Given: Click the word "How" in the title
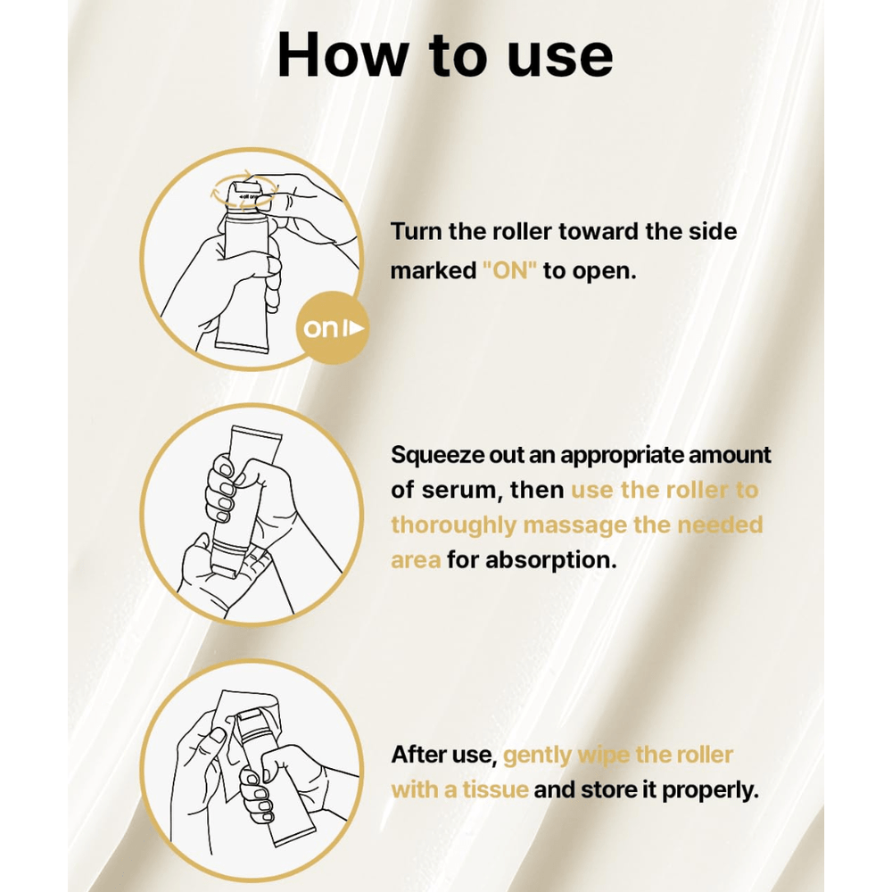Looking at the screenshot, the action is point(343,54).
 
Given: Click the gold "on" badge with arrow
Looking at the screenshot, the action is point(332,328).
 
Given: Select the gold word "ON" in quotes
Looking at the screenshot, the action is point(509,270).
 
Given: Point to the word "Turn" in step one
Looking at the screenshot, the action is point(416,232).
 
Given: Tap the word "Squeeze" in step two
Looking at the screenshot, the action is point(438,456).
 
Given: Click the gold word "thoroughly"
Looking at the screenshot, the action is point(453,526).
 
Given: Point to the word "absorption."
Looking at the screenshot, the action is point(551,561).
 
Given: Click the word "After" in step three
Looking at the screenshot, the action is point(418,755).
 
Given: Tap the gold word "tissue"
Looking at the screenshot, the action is point(495,790).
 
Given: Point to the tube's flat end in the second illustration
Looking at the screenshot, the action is point(253,438).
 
